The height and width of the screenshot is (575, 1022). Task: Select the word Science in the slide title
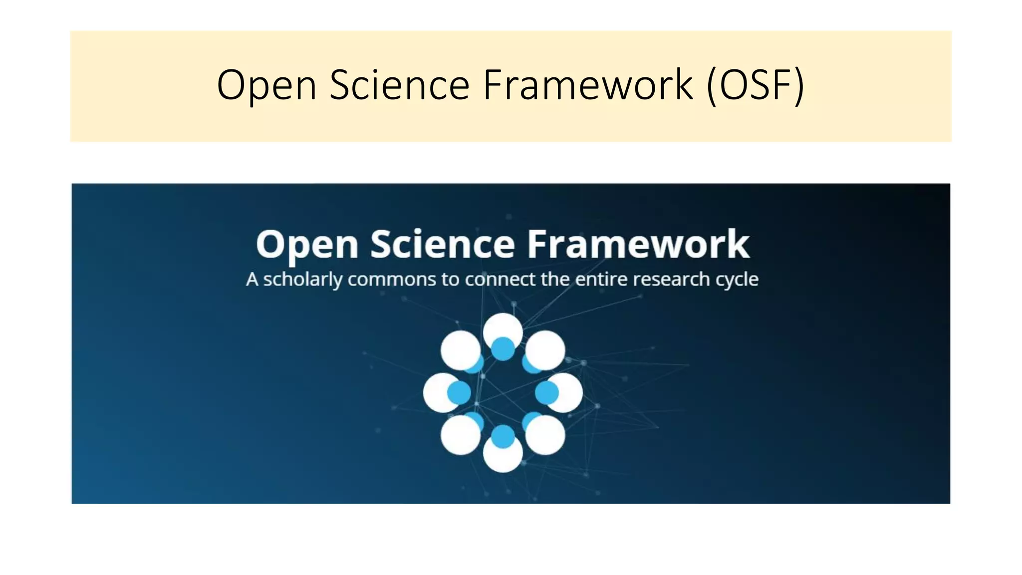tap(399, 85)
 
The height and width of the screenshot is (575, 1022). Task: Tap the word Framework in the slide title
tap(588, 85)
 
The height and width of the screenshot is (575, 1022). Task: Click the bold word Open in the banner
tap(307, 245)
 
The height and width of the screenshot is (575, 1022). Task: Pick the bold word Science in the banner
tap(443, 244)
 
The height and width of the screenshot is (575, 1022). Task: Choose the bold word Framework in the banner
tap(638, 244)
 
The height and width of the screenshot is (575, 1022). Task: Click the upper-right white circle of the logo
tap(546, 350)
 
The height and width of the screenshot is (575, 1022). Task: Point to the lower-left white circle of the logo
tap(460, 436)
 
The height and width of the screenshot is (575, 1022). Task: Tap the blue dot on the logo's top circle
tap(503, 348)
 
